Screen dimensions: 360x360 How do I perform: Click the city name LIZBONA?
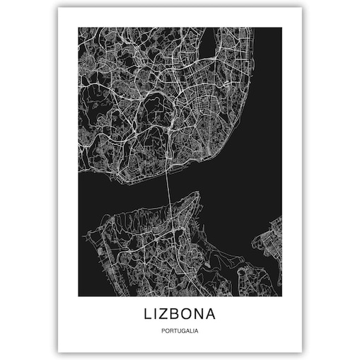coord(180,312)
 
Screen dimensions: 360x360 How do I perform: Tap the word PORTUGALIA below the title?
coord(180,329)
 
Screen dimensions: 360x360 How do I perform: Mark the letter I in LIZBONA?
coord(155,312)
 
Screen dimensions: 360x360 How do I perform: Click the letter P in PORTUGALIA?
coord(163,329)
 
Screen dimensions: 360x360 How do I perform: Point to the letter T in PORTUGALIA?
coord(174,329)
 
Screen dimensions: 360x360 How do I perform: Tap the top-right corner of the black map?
coord(281,28)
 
